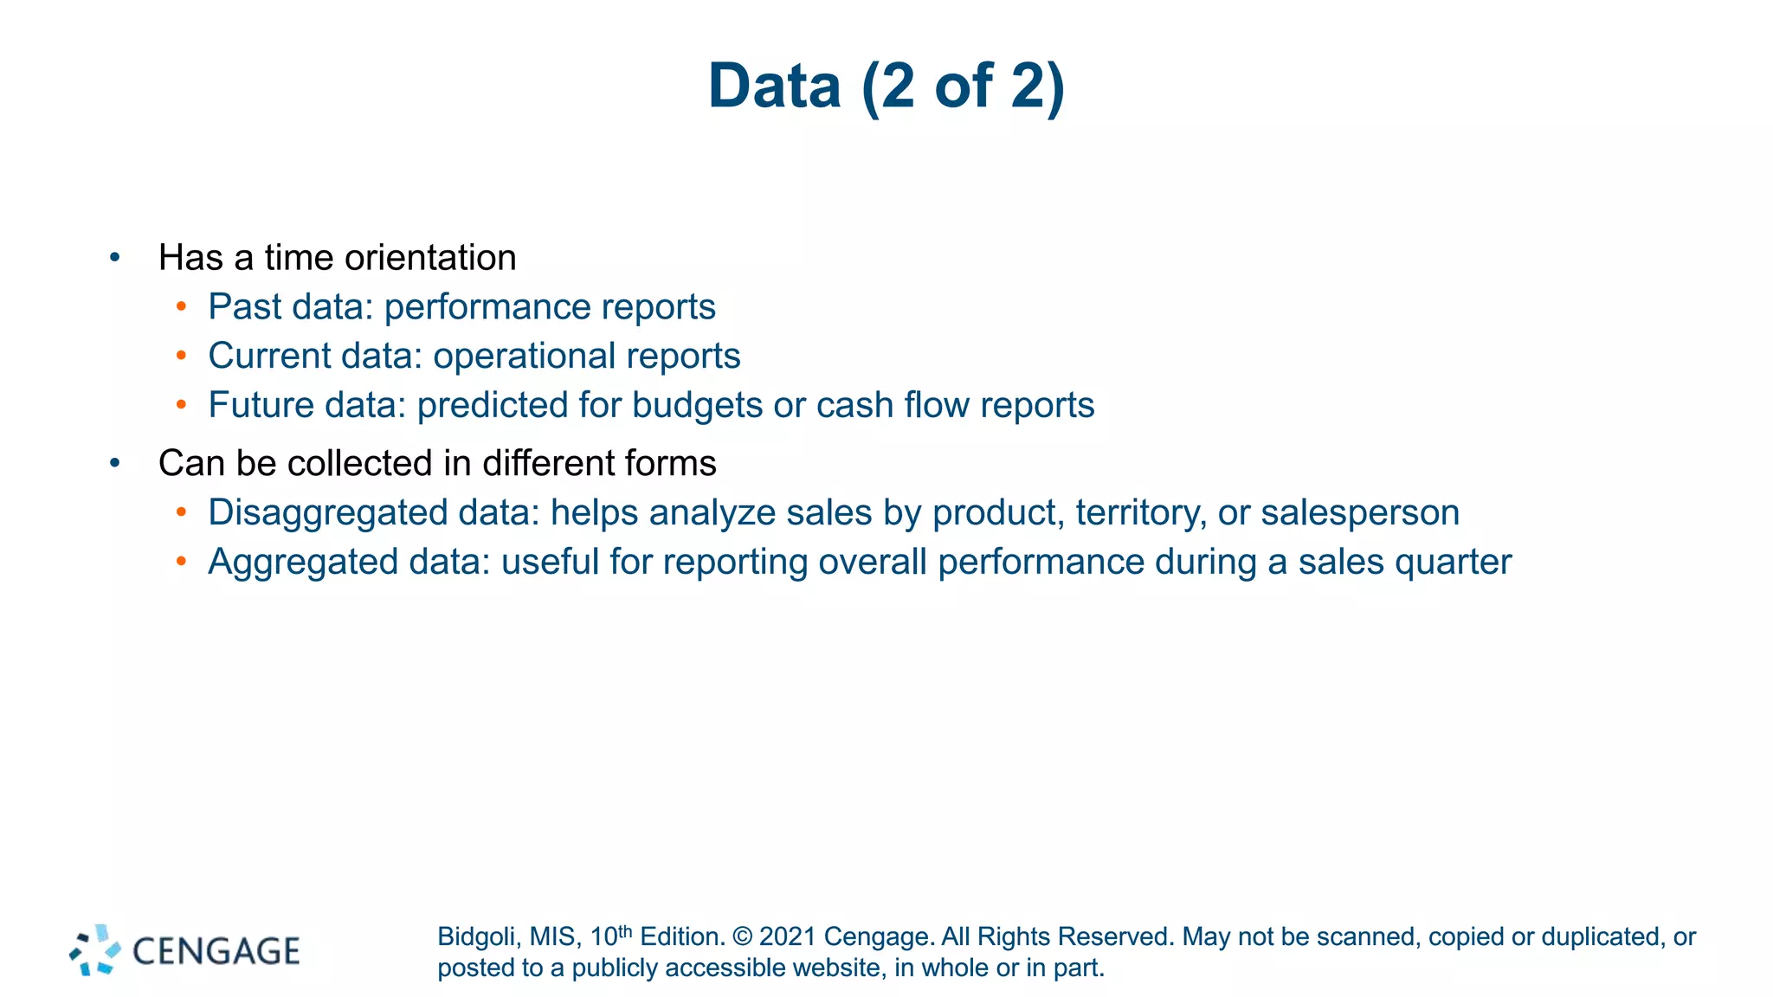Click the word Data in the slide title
[x=774, y=87]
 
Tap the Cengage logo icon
[x=95, y=950]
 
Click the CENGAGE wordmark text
[x=216, y=951]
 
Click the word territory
[x=1141, y=512]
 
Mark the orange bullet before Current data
[x=181, y=356]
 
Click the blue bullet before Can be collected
[x=115, y=463]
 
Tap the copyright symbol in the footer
[x=742, y=936]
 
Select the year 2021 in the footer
[x=788, y=936]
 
